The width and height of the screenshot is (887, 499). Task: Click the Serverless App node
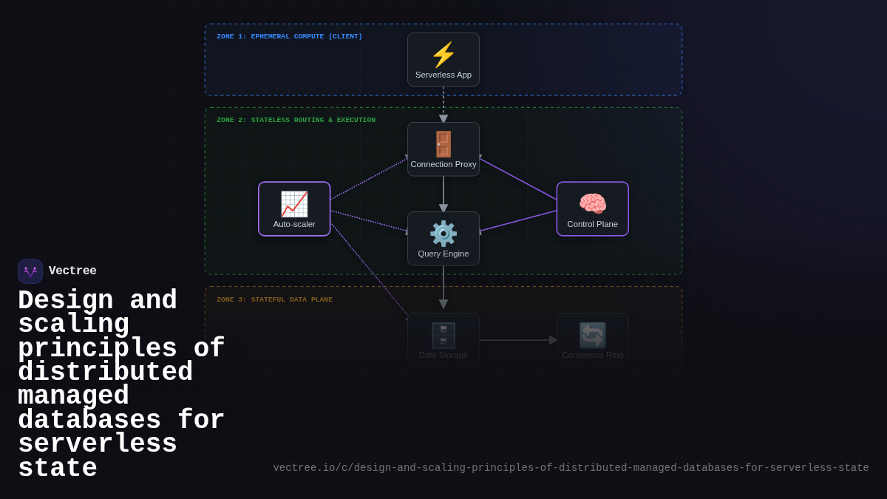[443, 60]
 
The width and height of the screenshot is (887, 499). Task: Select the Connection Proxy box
[443, 149]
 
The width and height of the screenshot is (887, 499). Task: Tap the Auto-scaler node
[294, 209]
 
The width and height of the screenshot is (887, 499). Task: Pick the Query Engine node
[443, 239]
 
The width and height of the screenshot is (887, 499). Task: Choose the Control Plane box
[592, 209]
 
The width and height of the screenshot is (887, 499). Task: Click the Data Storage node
[443, 339]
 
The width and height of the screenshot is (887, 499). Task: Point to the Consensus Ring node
[592, 339]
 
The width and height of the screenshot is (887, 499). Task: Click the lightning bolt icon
[443, 55]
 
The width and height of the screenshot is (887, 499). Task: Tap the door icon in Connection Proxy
[443, 144]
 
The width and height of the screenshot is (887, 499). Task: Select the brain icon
[592, 203]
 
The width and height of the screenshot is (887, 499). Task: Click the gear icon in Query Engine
[443, 234]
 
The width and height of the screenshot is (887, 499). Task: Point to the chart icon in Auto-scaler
[294, 204]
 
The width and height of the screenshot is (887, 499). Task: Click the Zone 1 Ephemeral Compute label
[289, 36]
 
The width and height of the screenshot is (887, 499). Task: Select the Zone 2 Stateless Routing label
[296, 120]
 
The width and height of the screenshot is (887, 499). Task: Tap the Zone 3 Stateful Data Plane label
[274, 299]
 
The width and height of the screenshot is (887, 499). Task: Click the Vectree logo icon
[30, 271]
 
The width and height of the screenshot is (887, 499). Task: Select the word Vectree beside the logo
[72, 271]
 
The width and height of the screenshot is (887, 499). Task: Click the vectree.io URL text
[571, 468]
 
